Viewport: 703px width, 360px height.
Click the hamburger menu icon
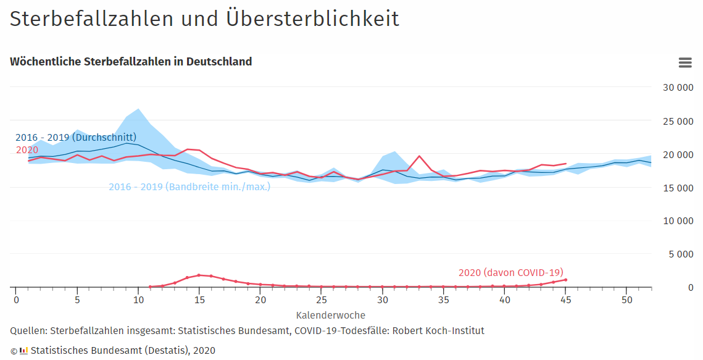pyautogui.click(x=684, y=62)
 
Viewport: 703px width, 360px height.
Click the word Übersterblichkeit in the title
pyautogui.click(x=320, y=19)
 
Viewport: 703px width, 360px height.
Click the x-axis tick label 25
pyautogui.click(x=321, y=300)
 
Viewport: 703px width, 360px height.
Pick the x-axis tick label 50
pyautogui.click(x=626, y=300)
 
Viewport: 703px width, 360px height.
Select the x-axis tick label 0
pyautogui.click(x=16, y=300)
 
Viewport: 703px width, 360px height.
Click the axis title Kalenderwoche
pyautogui.click(x=331, y=316)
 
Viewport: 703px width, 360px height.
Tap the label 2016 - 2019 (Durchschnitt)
pyautogui.click(x=76, y=137)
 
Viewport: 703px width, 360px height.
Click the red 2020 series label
pyautogui.click(x=27, y=150)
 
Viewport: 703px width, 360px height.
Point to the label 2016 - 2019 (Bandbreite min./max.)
pyautogui.click(x=189, y=186)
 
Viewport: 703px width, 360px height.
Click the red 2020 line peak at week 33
pyautogui.click(x=419, y=156)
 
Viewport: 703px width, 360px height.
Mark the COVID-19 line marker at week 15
pyautogui.click(x=199, y=275)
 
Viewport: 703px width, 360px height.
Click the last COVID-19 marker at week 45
pyautogui.click(x=565, y=280)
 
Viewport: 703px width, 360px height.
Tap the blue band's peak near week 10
pyautogui.click(x=138, y=109)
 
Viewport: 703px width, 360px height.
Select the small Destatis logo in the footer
pyautogui.click(x=23, y=351)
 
